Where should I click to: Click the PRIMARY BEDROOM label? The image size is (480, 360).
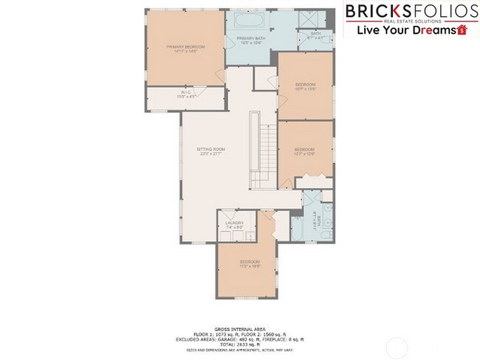click(185, 46)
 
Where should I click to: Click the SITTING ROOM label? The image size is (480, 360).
click(210, 149)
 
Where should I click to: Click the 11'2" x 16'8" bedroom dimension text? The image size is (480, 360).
click(249, 266)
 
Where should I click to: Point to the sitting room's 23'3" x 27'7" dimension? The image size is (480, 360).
click(210, 154)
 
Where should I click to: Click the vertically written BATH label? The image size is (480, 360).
click(315, 218)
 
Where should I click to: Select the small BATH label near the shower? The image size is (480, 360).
click(315, 33)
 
